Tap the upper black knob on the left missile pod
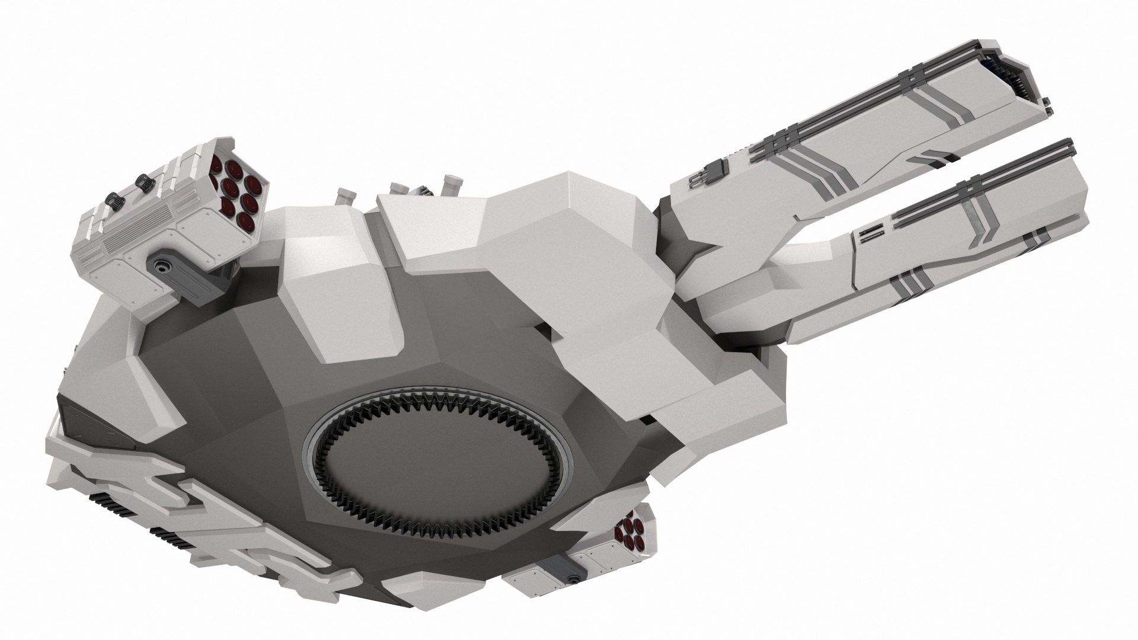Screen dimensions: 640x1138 (141, 182)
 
